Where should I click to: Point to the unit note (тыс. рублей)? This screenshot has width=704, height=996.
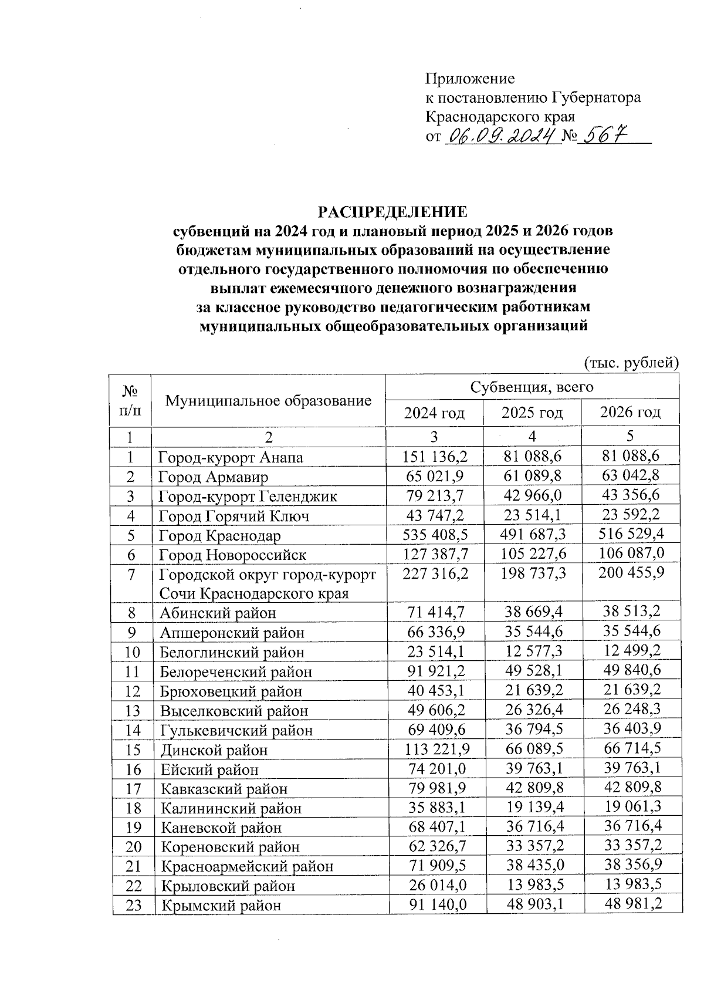(631, 363)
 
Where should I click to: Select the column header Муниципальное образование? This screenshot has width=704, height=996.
(269, 401)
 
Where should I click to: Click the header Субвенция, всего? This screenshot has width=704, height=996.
(532, 387)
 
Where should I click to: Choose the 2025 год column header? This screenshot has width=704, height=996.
(532, 413)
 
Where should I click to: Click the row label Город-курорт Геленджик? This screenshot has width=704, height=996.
(248, 497)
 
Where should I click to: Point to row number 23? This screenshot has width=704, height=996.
(134, 905)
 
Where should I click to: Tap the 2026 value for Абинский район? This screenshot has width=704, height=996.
(631, 612)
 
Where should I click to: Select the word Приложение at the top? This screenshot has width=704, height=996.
(470, 79)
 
